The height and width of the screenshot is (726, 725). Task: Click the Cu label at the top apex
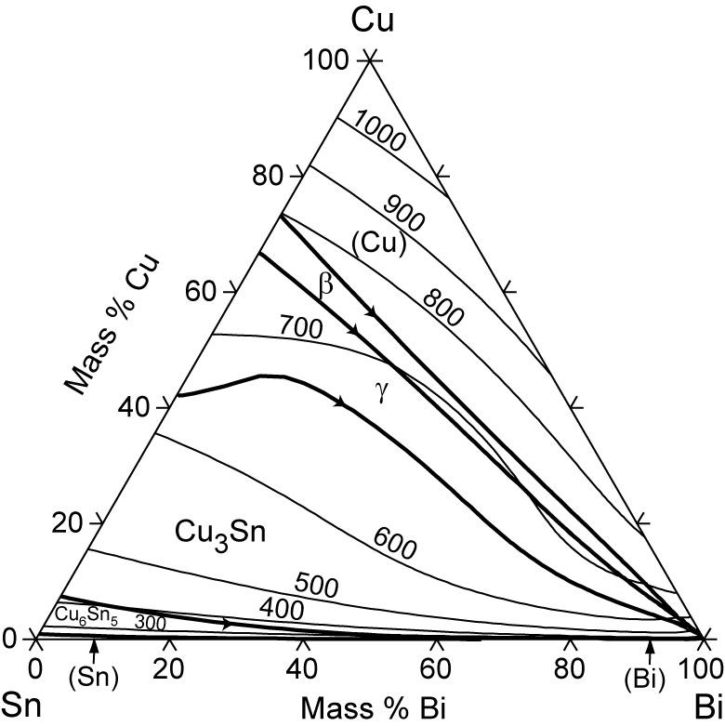[369, 20]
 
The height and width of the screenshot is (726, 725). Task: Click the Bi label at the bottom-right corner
[703, 704]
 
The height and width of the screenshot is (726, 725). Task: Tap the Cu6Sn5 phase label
[85, 614]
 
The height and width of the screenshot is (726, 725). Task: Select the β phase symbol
[325, 284]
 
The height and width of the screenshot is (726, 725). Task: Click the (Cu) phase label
[378, 243]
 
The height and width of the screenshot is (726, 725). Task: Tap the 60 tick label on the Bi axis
[435, 667]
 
